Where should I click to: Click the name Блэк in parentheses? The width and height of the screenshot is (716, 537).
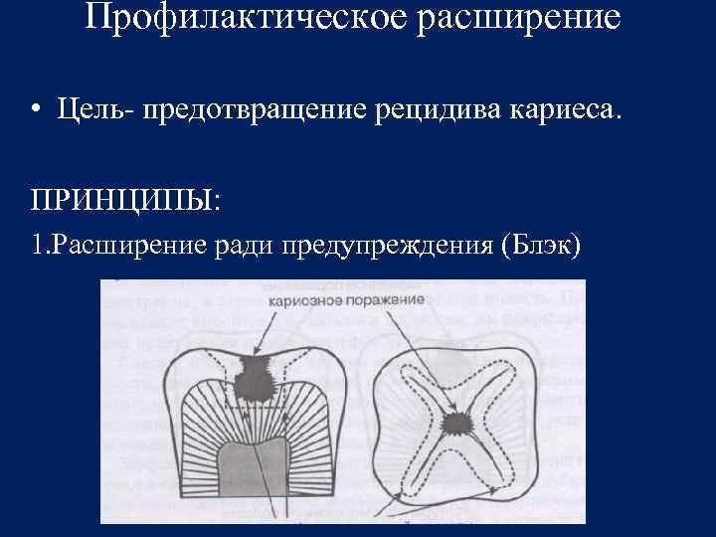[x=542, y=245]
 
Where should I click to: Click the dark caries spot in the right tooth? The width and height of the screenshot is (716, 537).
[x=458, y=423]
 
